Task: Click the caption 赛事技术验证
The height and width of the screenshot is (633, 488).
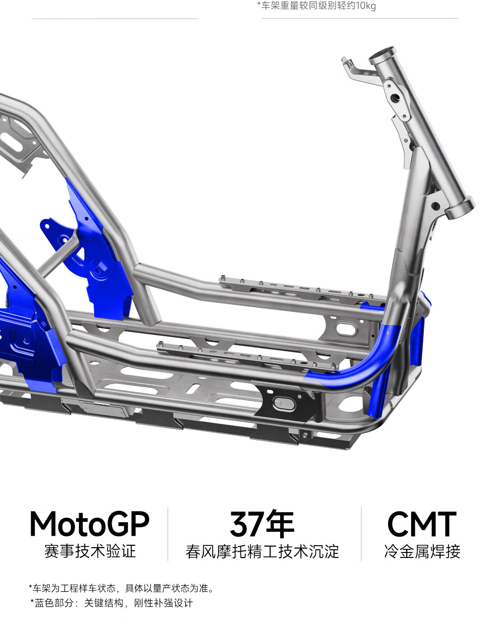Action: point(90,552)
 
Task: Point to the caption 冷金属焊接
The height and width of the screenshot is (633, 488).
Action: point(422,552)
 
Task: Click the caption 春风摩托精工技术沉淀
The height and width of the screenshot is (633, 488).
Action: point(262,552)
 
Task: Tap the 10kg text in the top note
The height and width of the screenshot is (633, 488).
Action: point(366,5)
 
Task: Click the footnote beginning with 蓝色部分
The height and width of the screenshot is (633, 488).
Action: point(112,603)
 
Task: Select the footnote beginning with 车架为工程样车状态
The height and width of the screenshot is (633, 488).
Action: point(122,588)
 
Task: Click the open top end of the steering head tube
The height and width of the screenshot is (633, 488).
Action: point(383,54)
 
